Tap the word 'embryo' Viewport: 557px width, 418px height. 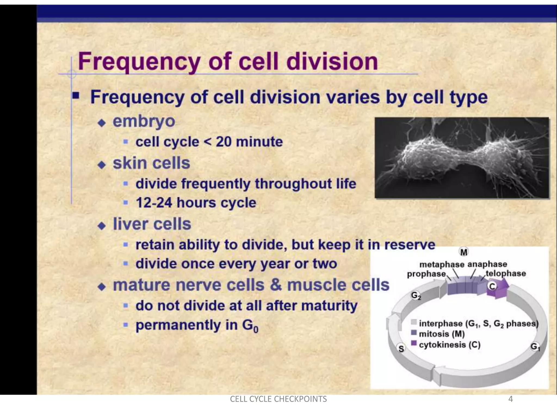(x=144, y=121)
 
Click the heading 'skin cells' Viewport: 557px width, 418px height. (x=151, y=163)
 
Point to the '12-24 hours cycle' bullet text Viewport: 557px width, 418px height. (x=196, y=203)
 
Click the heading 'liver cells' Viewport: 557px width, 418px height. (x=152, y=224)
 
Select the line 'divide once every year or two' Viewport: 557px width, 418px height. (x=236, y=264)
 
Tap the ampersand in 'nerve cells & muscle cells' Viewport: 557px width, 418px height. (x=276, y=285)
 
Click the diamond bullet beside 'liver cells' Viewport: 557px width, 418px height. (x=102, y=226)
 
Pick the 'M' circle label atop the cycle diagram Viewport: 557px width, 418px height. (x=464, y=252)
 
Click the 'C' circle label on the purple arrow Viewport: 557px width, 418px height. (x=492, y=286)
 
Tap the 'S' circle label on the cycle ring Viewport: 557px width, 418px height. (x=401, y=349)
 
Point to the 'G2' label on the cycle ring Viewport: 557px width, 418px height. (x=416, y=296)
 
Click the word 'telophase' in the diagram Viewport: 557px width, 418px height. (x=506, y=273)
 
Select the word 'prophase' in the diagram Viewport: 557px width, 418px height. (x=426, y=274)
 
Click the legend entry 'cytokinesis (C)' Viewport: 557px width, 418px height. (x=449, y=345)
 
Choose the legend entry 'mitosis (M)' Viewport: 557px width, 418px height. (x=442, y=334)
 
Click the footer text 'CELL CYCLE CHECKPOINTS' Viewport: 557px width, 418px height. (x=278, y=399)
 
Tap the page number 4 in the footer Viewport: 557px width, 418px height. (x=510, y=399)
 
